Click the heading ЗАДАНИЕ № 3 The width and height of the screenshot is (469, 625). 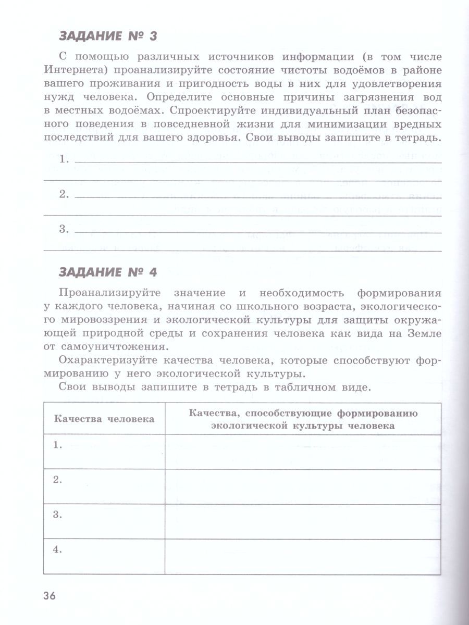pos(108,36)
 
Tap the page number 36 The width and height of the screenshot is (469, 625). pos(52,595)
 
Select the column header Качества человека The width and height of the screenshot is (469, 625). pos(104,419)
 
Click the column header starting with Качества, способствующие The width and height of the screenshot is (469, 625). pos(303,419)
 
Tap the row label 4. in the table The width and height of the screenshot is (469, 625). pos(58,548)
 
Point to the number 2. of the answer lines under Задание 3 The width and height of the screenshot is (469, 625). pos(64,194)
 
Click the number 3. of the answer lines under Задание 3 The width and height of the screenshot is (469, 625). pos(64,229)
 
